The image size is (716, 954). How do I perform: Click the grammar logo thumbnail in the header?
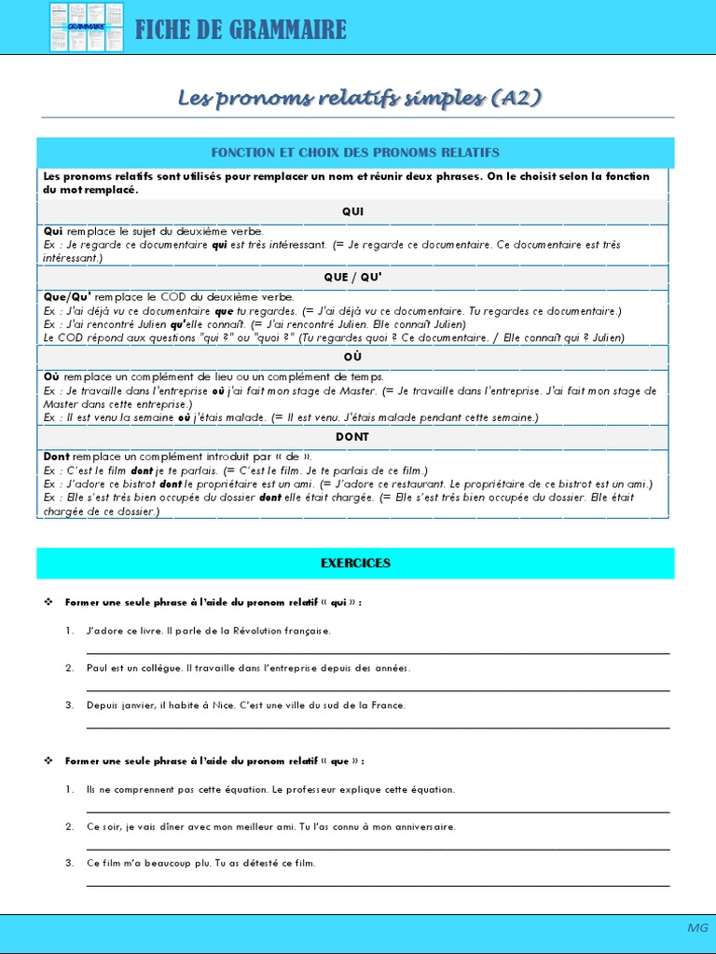tap(87, 27)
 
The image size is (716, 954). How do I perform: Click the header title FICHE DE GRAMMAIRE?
tap(241, 30)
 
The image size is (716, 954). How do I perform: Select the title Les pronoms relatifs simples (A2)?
tap(359, 99)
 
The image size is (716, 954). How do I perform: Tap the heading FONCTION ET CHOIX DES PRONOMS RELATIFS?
tap(355, 153)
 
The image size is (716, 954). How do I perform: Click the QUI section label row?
tap(353, 211)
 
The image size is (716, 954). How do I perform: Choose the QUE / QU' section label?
tap(353, 278)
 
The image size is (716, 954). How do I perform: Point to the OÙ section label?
tap(353, 357)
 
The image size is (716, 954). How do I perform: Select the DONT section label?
tap(353, 436)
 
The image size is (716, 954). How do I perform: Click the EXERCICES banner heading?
tap(355, 564)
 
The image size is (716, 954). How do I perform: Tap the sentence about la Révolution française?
tap(209, 631)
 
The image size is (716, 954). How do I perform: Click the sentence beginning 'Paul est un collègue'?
tap(248, 668)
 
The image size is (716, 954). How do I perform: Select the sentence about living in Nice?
tap(246, 705)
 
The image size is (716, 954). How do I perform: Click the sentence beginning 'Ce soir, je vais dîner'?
tap(270, 826)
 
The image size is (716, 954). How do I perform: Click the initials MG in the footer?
tap(697, 928)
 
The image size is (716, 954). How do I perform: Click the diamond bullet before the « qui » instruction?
tap(48, 603)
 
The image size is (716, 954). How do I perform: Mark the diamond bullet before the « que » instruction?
tap(48, 761)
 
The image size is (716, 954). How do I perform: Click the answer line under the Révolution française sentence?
tap(378, 653)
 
